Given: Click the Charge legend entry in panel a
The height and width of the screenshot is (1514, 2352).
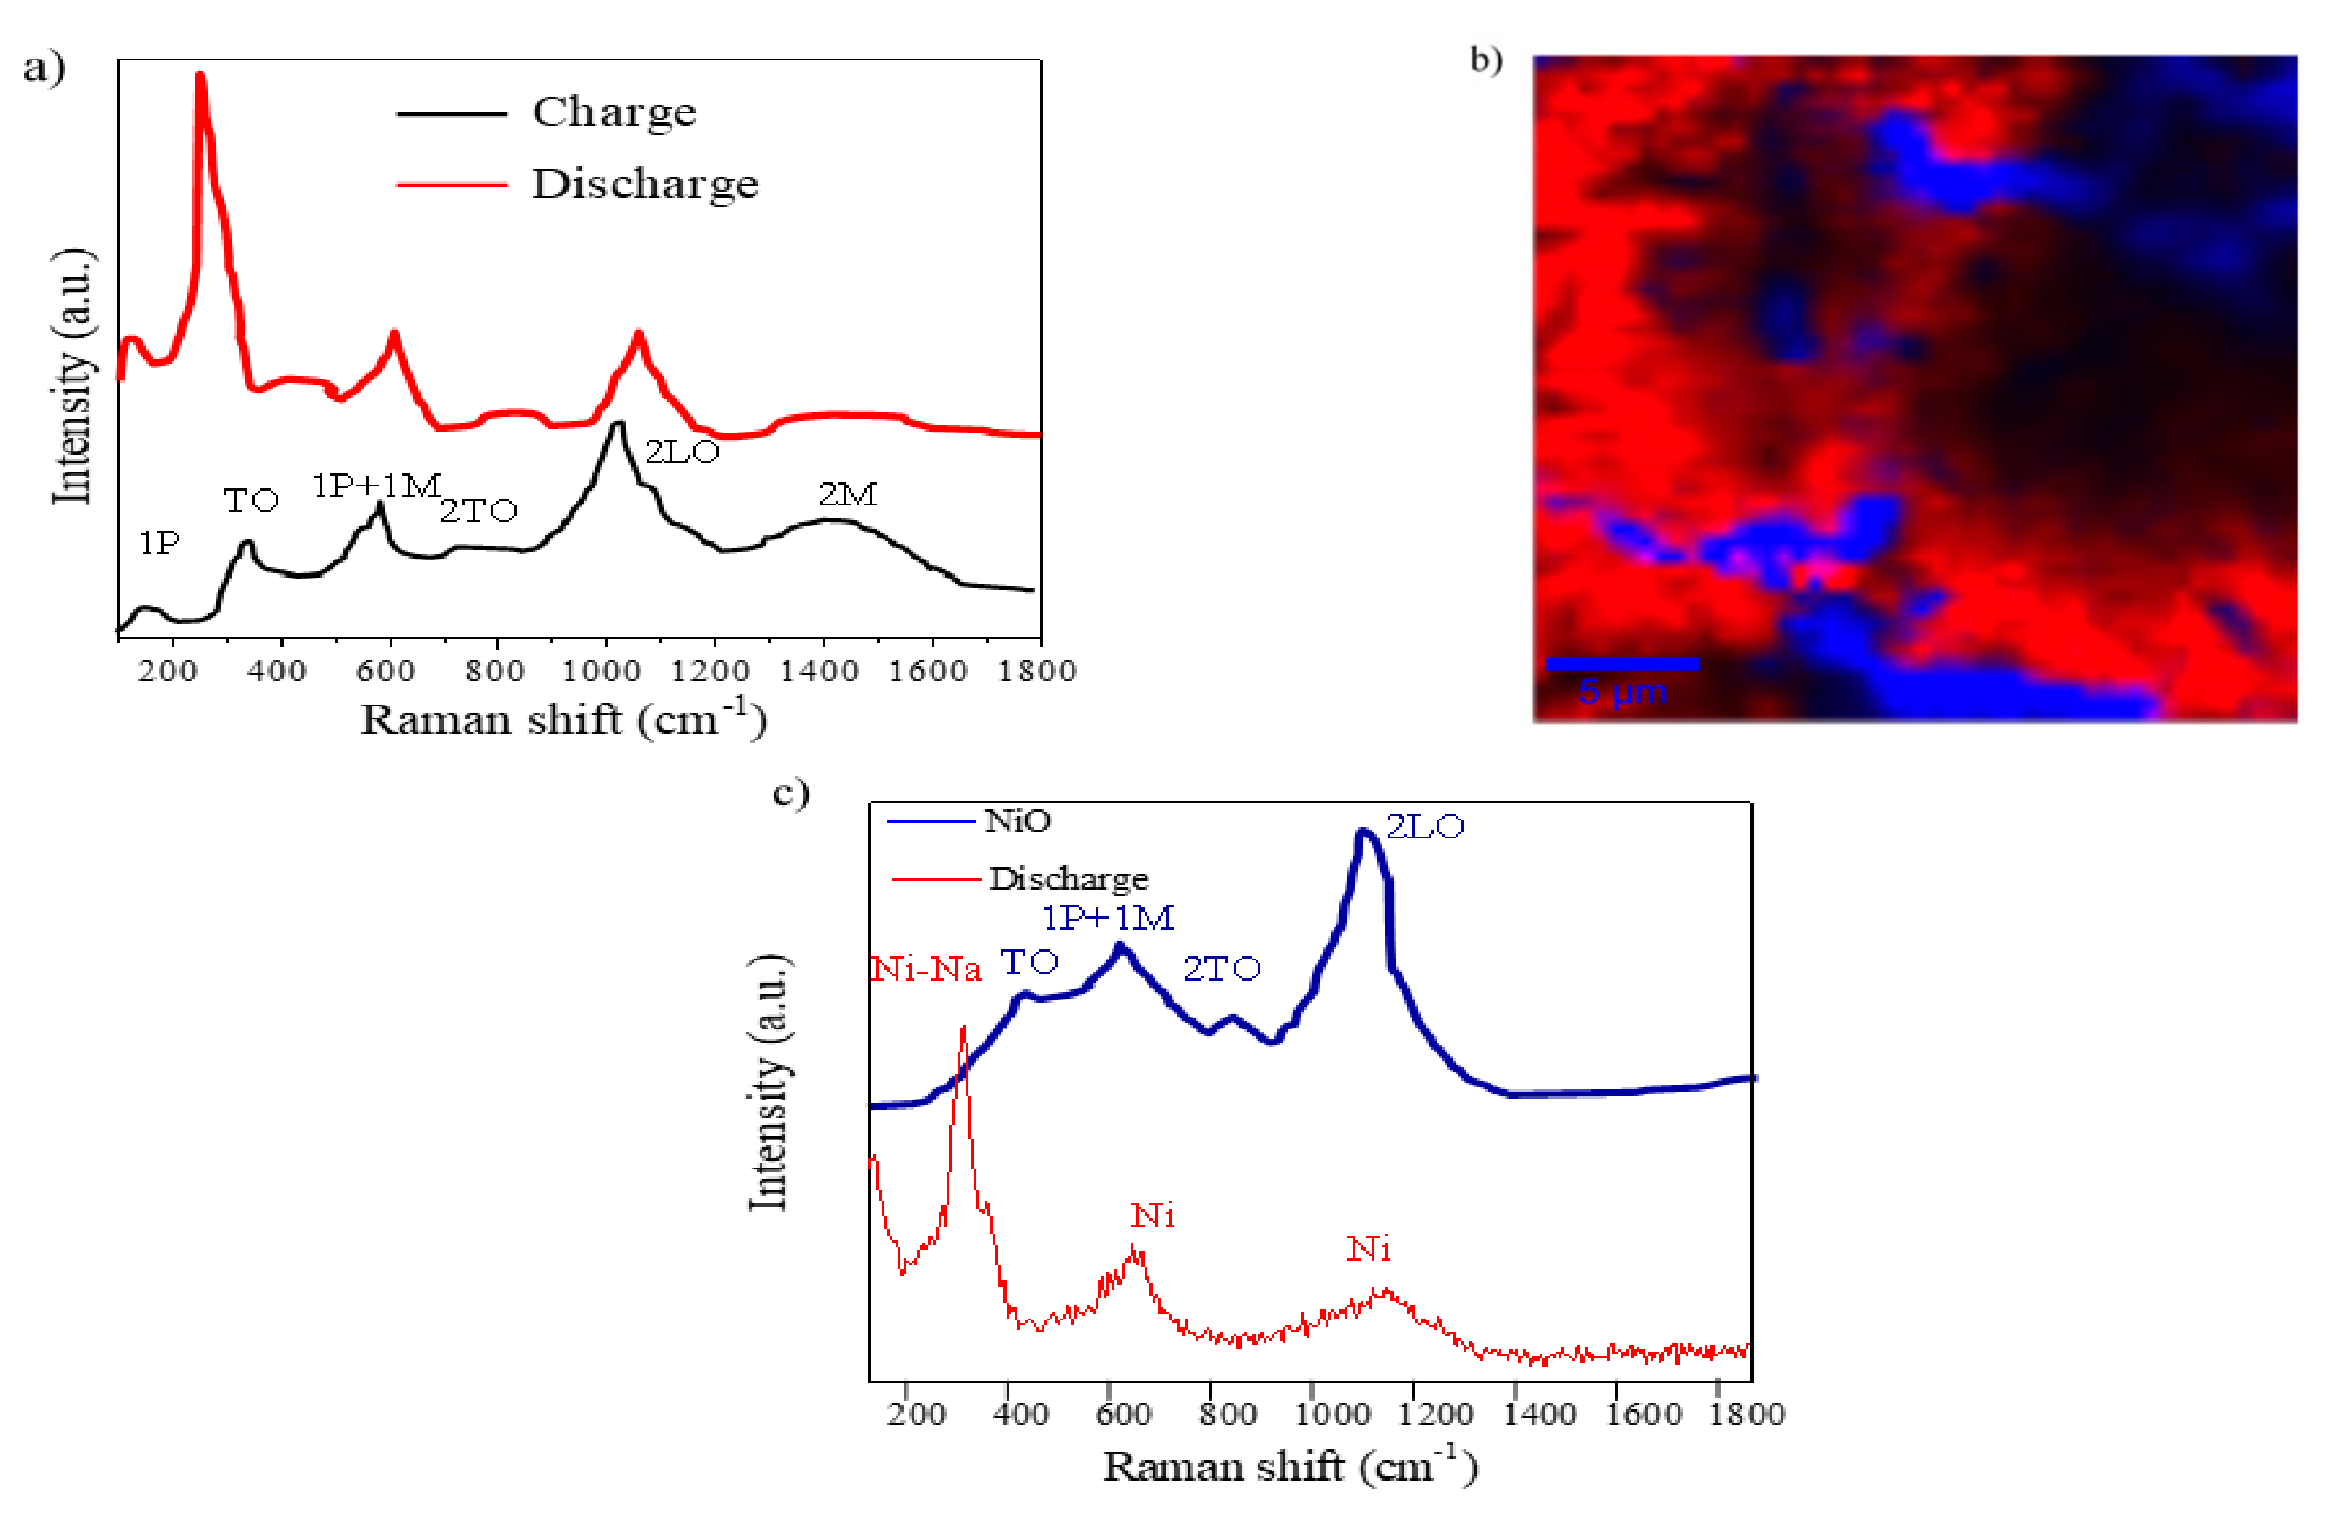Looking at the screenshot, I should (613, 112).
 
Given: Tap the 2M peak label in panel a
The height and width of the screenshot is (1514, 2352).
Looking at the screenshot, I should (847, 494).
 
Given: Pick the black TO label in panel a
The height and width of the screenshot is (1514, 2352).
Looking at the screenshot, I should (251, 501).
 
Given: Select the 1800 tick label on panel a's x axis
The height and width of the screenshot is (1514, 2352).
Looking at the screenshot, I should (1036, 671).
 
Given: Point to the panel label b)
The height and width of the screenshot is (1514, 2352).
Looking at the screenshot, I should (1485, 61).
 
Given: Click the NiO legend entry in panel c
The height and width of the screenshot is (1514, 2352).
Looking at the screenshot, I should (1016, 821).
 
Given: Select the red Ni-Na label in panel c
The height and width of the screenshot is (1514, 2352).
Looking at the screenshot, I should (926, 970).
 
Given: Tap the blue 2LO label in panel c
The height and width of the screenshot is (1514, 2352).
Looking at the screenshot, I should (1424, 827).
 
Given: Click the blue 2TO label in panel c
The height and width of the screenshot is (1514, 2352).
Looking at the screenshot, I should (1221, 969).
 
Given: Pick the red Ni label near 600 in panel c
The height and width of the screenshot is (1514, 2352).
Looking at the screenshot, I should (1152, 1216).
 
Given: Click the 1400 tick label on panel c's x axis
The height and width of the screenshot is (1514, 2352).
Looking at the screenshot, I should (1538, 1415).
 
